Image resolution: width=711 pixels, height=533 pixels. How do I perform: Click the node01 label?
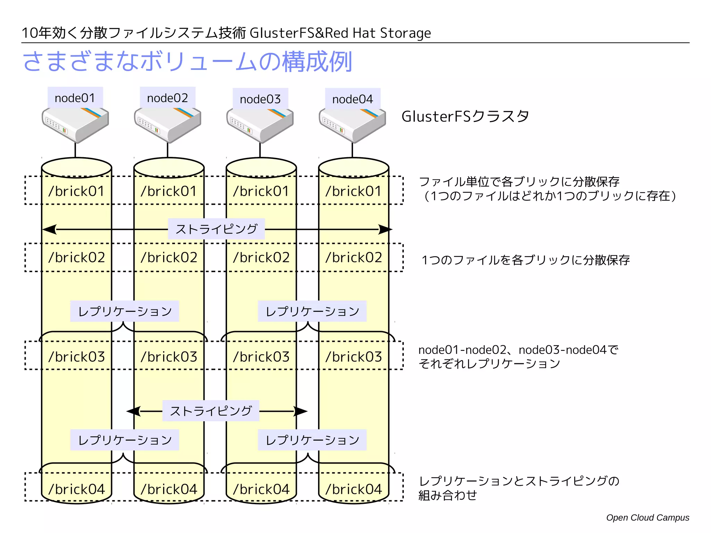click(75, 98)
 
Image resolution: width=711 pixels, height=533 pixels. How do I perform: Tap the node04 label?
click(352, 99)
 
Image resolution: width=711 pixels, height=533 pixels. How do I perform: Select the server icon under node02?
click(168, 125)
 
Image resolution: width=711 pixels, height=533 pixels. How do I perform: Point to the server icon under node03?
click(260, 125)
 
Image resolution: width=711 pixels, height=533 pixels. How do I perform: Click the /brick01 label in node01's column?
click(76, 191)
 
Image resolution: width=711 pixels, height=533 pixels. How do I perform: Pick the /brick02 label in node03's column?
click(261, 257)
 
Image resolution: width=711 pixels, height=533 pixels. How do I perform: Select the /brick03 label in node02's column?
click(169, 357)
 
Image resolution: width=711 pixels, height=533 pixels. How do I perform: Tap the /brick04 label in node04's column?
click(353, 489)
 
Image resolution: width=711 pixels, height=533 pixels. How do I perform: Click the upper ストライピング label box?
click(216, 229)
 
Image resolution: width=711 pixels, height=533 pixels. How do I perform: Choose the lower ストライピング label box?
click(211, 411)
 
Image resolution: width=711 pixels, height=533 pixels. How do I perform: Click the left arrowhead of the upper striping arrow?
click(49, 229)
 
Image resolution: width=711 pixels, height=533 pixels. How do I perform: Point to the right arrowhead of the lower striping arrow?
click(301, 412)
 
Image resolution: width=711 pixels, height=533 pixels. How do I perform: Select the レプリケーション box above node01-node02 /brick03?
click(125, 311)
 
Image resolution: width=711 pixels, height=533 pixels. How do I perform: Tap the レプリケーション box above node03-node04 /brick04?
click(312, 440)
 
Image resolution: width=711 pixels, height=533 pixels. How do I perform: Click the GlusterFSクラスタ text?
click(465, 116)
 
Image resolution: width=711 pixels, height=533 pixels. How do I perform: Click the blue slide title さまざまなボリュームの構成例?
click(187, 62)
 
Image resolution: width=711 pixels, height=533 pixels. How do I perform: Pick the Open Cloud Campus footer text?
click(647, 517)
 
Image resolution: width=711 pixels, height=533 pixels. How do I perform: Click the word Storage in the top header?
click(405, 33)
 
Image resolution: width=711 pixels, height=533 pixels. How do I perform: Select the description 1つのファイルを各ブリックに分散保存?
click(525, 260)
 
